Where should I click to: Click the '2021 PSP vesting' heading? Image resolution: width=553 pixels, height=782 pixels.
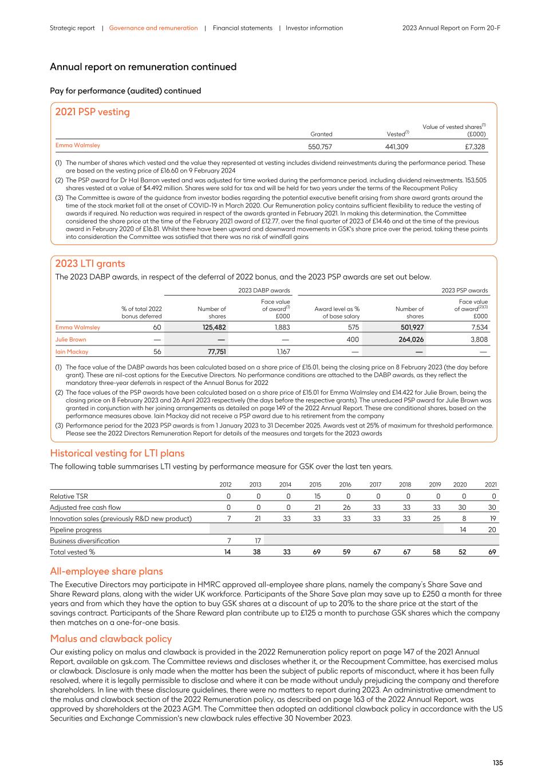click(x=92, y=112)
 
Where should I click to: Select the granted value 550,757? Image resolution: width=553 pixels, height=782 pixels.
click(x=320, y=147)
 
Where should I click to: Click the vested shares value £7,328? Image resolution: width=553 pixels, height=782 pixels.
click(x=476, y=147)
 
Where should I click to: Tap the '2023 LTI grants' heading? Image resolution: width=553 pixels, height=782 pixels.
click(x=90, y=264)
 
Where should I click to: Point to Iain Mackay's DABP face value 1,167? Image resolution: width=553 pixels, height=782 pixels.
click(x=283, y=352)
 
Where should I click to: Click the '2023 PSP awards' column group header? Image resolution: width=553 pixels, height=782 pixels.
click(x=464, y=290)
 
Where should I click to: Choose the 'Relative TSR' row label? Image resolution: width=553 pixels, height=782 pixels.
click(x=69, y=496)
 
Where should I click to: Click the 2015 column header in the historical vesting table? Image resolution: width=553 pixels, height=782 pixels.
click(x=315, y=485)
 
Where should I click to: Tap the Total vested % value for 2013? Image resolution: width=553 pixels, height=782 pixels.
click(x=256, y=552)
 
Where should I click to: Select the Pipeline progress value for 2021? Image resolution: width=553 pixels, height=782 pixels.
click(x=492, y=530)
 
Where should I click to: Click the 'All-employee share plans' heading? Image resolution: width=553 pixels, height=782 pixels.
click(x=106, y=571)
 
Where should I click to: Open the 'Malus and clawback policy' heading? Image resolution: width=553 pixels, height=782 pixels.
click(x=110, y=639)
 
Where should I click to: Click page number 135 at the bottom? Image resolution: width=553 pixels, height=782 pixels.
click(x=497, y=763)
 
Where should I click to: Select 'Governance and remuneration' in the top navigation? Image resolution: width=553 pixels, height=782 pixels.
click(x=153, y=28)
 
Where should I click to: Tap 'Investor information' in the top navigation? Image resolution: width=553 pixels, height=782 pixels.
click(x=314, y=28)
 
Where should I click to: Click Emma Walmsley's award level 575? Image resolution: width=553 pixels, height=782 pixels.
click(x=353, y=328)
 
